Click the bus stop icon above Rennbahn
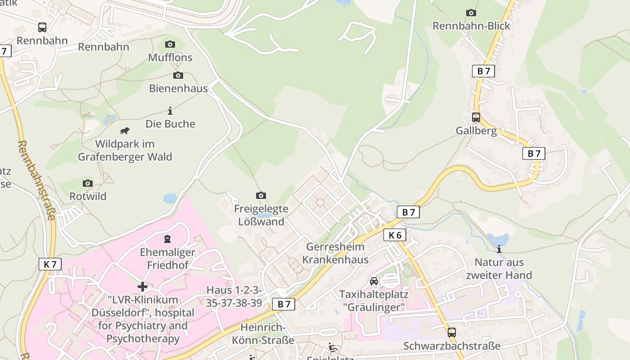(42, 27)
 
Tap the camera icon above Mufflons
(170, 44)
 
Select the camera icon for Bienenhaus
(178, 75)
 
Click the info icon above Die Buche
(170, 111)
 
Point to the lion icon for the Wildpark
(125, 131)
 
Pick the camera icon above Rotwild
(88, 183)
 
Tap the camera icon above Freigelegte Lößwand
(261, 195)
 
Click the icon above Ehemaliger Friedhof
(167, 238)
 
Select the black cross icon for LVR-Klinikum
(143, 287)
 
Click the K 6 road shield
(395, 235)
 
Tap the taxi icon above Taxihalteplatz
(373, 281)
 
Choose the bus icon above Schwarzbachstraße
(451, 333)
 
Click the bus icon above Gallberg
(476, 117)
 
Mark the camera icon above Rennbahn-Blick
(471, 13)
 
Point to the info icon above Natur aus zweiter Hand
(499, 249)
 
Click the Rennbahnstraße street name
(36, 180)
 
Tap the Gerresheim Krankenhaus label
(335, 253)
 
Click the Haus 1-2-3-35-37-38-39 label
(234, 297)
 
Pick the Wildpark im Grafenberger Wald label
(125, 150)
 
